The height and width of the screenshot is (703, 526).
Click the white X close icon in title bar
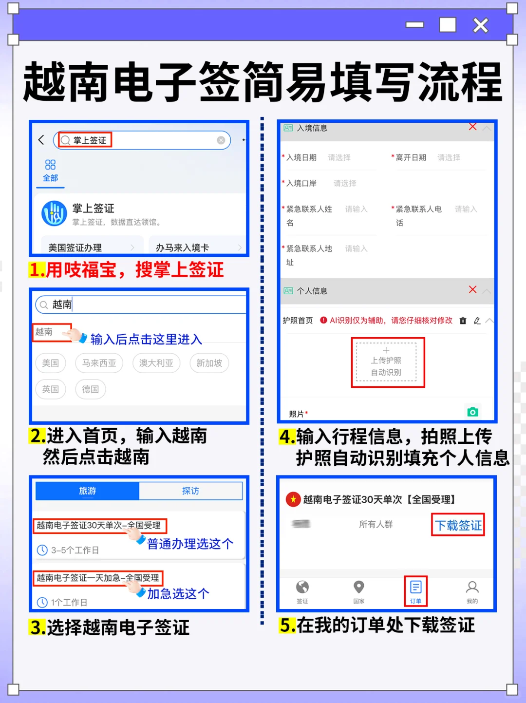pyautogui.click(x=480, y=25)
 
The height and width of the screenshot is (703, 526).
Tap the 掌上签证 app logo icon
pyautogui.click(x=54, y=213)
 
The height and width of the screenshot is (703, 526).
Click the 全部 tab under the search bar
pyautogui.click(x=50, y=171)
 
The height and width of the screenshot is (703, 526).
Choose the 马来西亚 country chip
pyautogui.click(x=99, y=363)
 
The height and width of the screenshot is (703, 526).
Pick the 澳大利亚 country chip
pyautogui.click(x=156, y=363)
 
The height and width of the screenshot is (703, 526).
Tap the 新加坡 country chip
pyautogui.click(x=209, y=363)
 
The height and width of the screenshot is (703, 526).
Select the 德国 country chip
pyautogui.click(x=91, y=389)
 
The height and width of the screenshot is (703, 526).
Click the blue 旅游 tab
pyautogui.click(x=88, y=491)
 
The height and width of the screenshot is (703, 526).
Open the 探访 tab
pyautogui.click(x=190, y=491)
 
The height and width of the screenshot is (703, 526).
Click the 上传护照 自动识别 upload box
pyautogui.click(x=387, y=362)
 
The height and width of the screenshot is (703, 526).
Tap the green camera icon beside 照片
pyautogui.click(x=472, y=412)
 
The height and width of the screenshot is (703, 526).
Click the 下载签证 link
pyautogui.click(x=458, y=525)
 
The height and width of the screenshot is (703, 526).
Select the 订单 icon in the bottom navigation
pyautogui.click(x=415, y=590)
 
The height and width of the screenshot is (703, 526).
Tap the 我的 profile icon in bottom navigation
pyautogui.click(x=472, y=590)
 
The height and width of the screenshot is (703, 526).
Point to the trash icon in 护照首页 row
pyautogui.click(x=463, y=321)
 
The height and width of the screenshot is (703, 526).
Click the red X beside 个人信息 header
pyautogui.click(x=472, y=289)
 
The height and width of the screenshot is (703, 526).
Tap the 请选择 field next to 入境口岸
pyautogui.click(x=345, y=183)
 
